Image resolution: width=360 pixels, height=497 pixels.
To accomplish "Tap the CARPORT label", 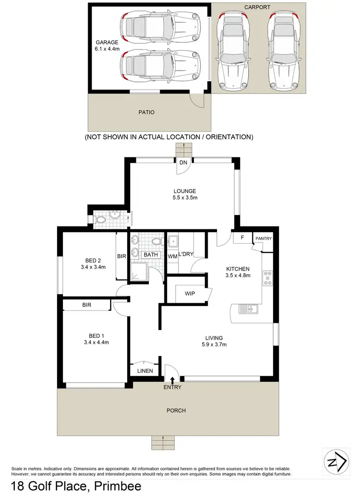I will click(x=257, y=7).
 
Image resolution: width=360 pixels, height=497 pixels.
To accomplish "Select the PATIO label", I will click(x=146, y=112).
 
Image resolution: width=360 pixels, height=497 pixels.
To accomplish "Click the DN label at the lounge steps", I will click(x=183, y=163).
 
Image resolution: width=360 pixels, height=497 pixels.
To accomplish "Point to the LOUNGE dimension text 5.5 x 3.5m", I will click(x=185, y=198).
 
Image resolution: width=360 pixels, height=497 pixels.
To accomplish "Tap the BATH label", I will click(x=151, y=255).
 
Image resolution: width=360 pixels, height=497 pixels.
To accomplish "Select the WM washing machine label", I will click(x=172, y=256).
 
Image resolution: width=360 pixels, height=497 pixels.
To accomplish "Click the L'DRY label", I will click(x=186, y=254).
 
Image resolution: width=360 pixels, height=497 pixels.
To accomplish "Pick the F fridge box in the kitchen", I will click(x=242, y=238).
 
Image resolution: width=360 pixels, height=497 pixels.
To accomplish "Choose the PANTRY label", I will click(x=264, y=238).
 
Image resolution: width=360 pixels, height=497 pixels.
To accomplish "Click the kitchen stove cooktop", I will click(x=267, y=279).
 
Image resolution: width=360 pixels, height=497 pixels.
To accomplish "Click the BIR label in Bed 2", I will click(x=121, y=257).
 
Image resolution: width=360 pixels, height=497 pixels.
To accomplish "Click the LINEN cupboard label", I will click(x=144, y=371).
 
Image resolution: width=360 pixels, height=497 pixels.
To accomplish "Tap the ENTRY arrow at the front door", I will click(x=172, y=380).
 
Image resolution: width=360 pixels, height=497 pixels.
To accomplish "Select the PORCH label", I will click(x=176, y=411).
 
